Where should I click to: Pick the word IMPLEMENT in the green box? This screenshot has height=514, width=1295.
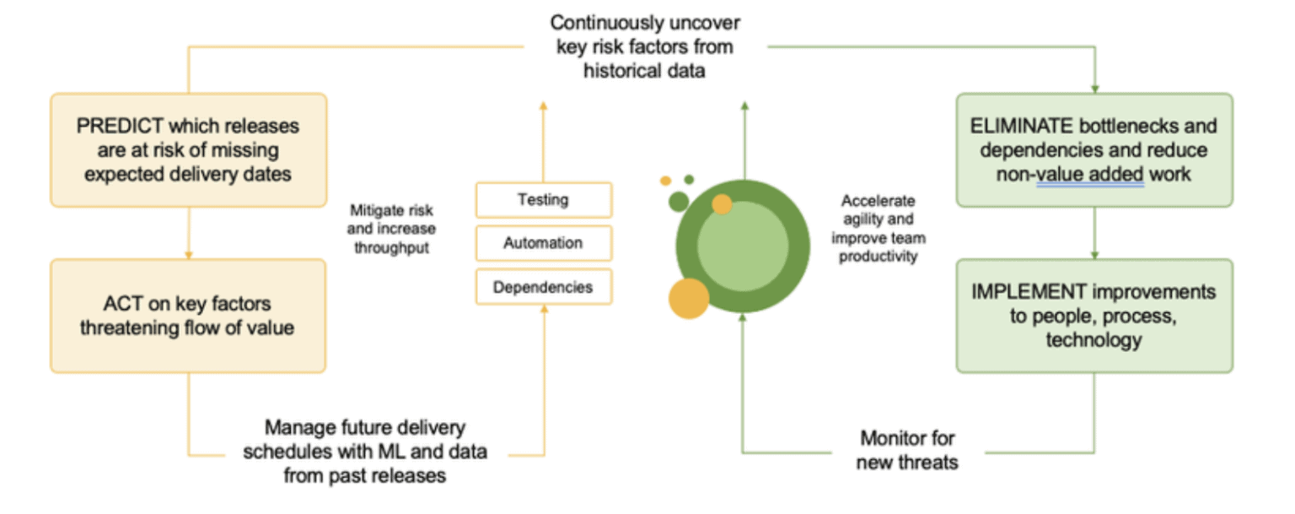coord(1029,291)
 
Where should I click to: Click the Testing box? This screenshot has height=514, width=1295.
coord(543,200)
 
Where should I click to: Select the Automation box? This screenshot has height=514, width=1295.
coord(543,243)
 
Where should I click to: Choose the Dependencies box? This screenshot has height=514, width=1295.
coord(543,287)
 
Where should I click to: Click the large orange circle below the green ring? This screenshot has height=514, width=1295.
coord(689,299)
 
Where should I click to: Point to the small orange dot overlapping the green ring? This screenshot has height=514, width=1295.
coord(722,203)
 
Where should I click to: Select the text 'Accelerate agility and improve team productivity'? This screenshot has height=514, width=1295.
coord(878,229)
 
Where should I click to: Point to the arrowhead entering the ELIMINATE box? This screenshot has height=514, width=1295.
coord(1094,88)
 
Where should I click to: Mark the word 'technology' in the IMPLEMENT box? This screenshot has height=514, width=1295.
coord(1093,340)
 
